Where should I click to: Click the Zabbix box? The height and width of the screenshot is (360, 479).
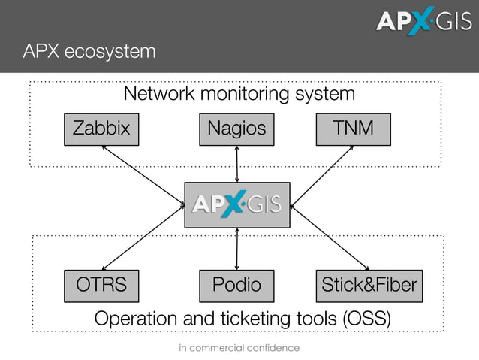101,129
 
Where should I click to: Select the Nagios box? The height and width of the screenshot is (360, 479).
236,129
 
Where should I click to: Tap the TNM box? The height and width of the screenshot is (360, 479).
354,129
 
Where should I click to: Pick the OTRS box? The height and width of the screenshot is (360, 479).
101,286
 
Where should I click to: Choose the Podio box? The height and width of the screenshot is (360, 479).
236,286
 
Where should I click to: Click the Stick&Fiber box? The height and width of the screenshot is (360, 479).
369,286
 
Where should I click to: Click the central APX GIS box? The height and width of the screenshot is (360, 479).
237,204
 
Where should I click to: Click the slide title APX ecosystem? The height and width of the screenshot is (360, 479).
89,51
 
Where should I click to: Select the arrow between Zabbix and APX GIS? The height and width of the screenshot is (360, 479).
143,174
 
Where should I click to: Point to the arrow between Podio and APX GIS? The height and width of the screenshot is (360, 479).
237,249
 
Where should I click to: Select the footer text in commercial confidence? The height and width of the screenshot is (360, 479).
239,348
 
